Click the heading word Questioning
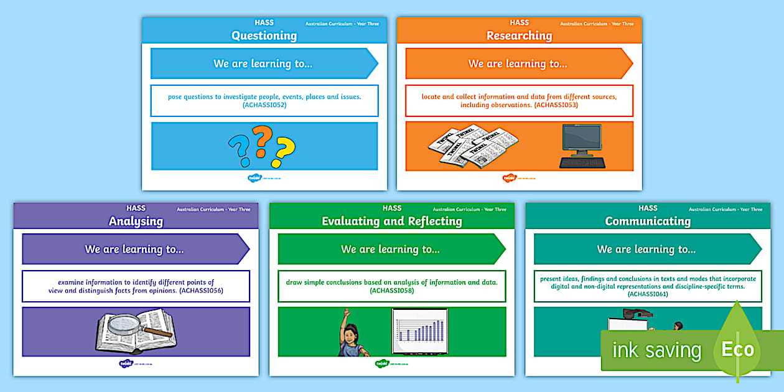coord(264,35)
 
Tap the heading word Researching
coord(519,35)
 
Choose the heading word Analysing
coord(136,221)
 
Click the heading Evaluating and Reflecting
coord(391,221)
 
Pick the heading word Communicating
coord(648,221)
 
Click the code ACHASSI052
coord(264,105)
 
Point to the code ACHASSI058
coord(392,291)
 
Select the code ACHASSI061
coord(648,294)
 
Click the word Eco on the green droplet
coord(737,349)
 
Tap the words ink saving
coord(656,350)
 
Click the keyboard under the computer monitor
coord(582,163)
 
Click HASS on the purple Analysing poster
coord(136,208)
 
